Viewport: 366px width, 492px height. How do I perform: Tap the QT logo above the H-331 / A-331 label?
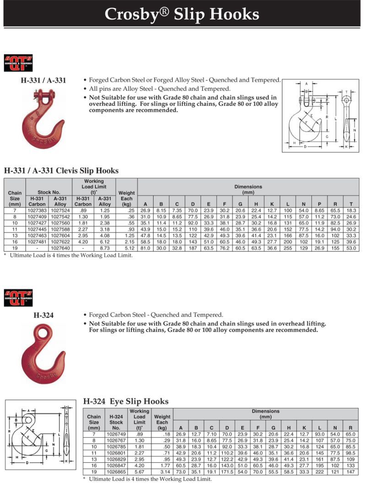point(18,62)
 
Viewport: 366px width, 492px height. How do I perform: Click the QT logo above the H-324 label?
point(18,297)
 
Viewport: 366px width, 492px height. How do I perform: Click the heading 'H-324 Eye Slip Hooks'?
point(126,401)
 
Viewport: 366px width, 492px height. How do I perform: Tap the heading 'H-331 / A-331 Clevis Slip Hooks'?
point(61,171)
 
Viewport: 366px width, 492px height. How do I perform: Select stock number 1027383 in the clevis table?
point(37,210)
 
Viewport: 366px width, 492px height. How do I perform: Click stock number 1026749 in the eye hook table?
point(116,434)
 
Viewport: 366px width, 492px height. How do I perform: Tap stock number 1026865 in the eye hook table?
point(116,471)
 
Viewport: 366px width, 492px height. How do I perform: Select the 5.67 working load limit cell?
point(139,471)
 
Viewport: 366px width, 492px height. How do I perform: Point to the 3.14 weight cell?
point(162,471)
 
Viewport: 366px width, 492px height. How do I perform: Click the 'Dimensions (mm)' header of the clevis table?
point(248,189)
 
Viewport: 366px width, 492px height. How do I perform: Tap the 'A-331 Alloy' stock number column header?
point(59,201)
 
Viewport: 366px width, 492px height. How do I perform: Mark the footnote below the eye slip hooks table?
point(147,479)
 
